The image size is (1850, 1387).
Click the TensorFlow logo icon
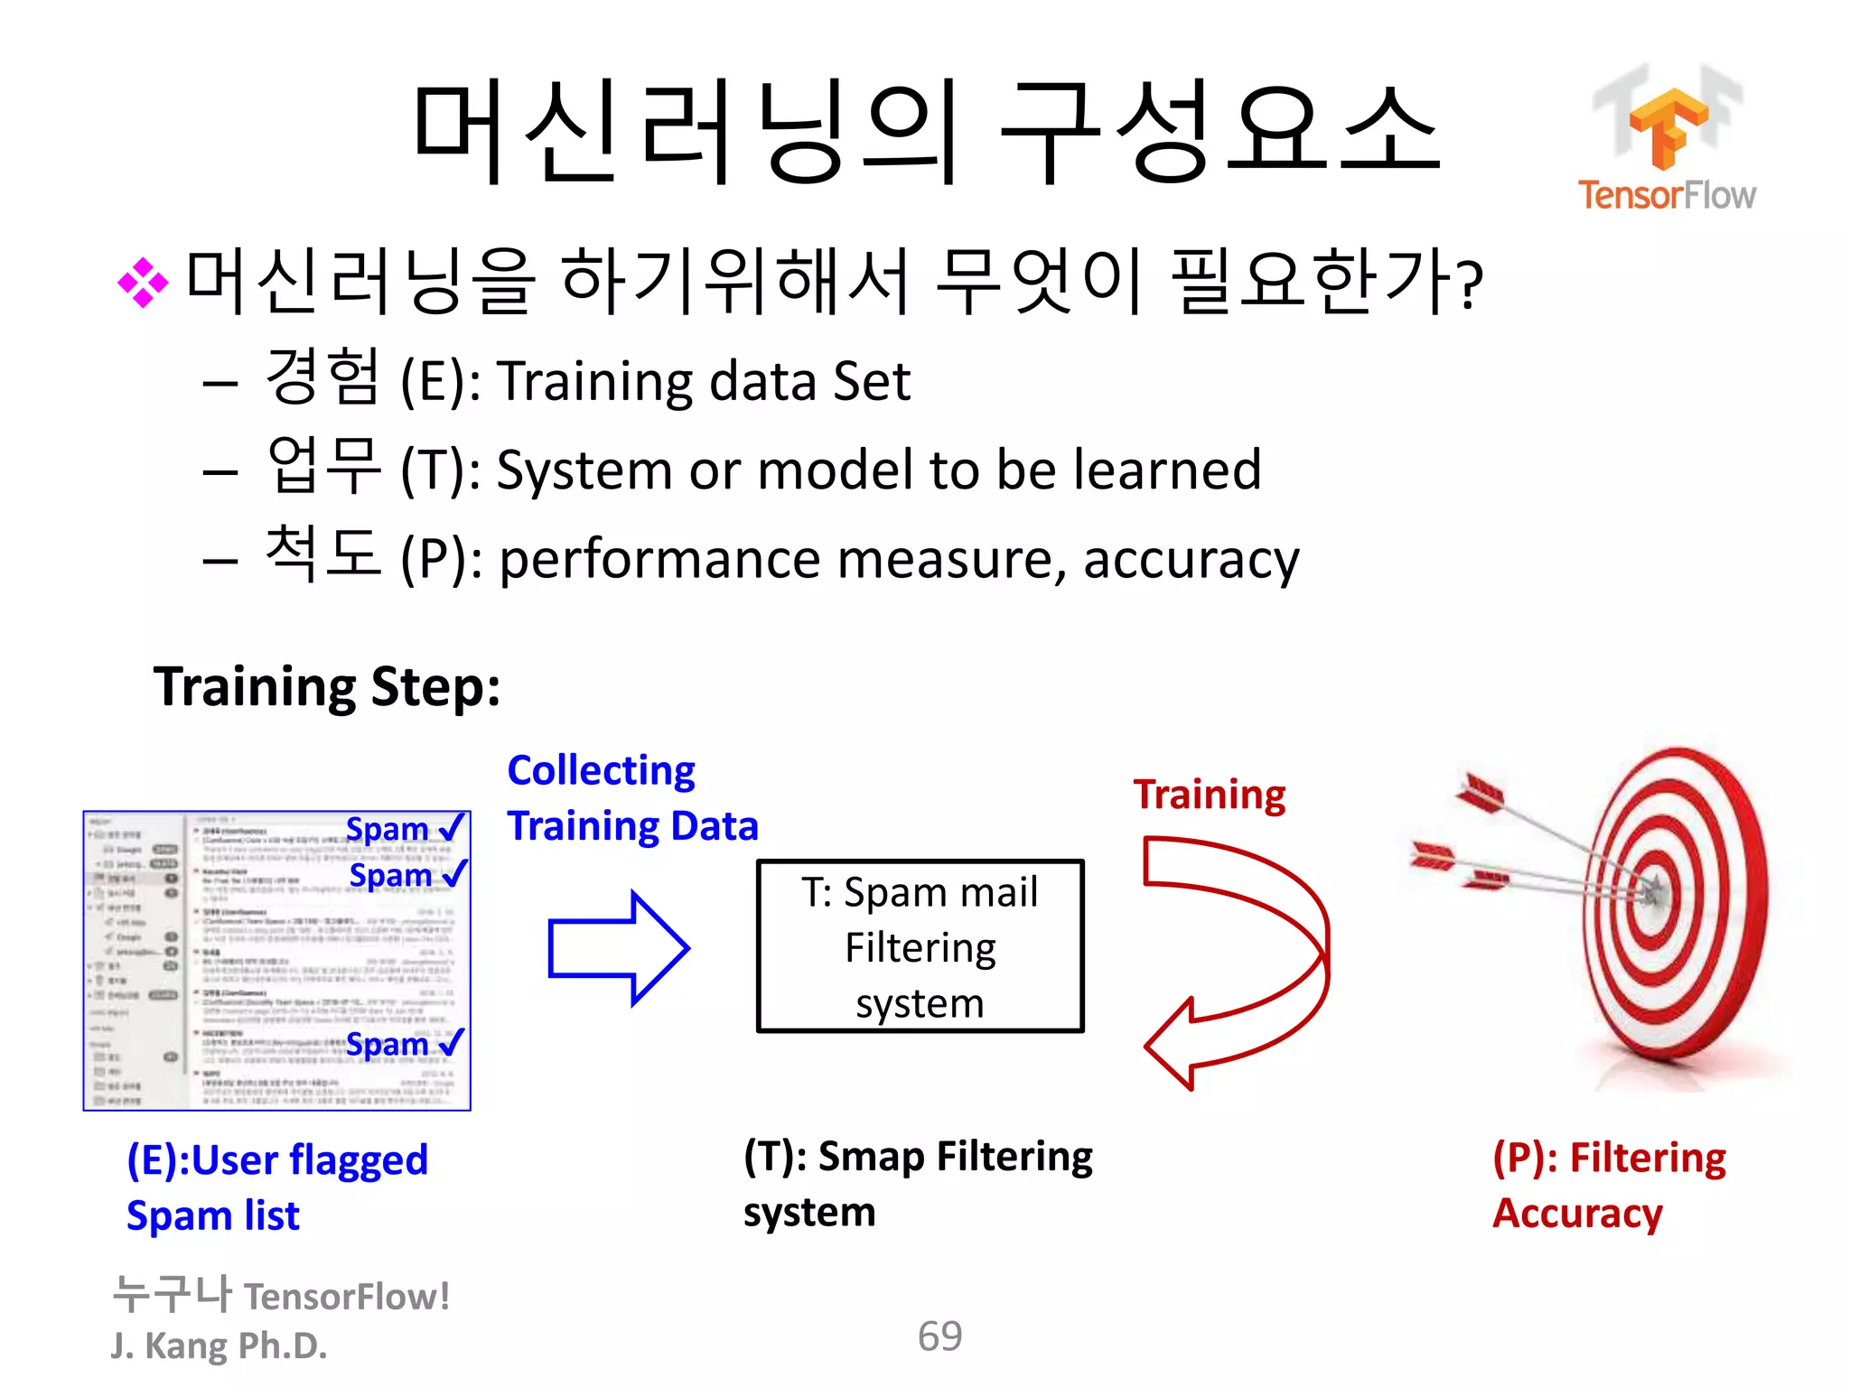point(1668,127)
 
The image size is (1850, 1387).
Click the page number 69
point(939,1336)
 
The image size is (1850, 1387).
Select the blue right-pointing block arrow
point(618,948)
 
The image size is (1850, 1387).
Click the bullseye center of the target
point(1653,893)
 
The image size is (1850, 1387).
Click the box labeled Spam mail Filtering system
point(920,946)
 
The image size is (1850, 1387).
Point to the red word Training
point(1209,795)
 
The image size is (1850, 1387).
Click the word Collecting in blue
point(601,770)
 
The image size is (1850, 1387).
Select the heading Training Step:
point(326,686)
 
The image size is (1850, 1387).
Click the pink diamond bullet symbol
point(143,283)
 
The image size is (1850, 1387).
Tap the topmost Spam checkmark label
point(404,828)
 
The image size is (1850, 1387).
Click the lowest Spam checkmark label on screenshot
point(404,1044)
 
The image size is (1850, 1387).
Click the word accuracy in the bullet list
point(1191,560)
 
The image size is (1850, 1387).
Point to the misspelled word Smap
point(872,1157)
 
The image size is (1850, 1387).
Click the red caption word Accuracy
point(1577,1213)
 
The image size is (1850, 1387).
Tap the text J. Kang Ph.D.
point(219,1345)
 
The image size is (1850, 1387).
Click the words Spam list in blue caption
point(212,1215)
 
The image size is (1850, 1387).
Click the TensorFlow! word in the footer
point(347,1297)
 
